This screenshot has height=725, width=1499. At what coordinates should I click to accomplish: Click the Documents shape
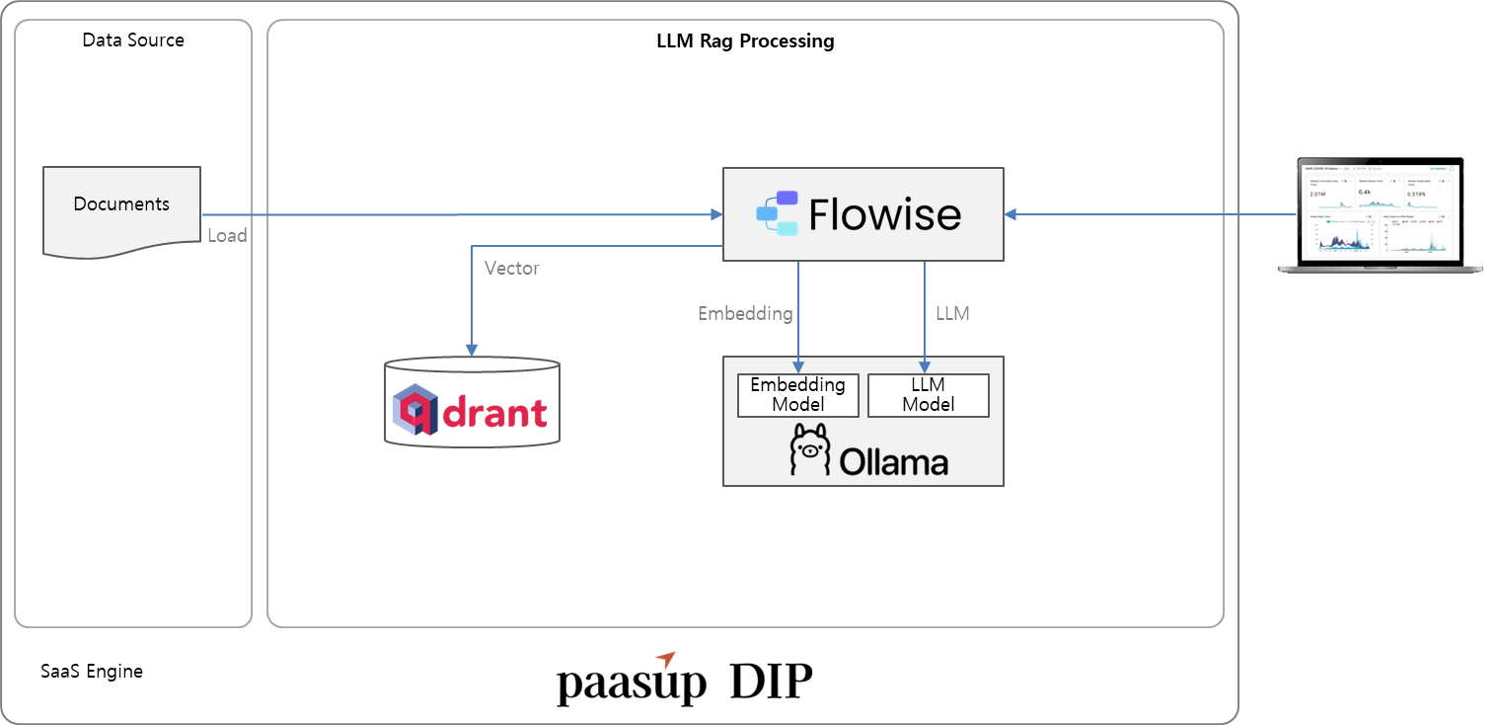121,209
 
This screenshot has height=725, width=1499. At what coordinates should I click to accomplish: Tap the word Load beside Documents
227,236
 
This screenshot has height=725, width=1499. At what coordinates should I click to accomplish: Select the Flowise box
862,214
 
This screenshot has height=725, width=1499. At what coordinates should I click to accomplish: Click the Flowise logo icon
778,213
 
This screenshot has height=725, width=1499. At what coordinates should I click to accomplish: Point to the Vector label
511,268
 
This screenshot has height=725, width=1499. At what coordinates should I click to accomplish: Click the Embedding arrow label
745,313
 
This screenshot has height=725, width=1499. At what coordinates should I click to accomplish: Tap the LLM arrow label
952,313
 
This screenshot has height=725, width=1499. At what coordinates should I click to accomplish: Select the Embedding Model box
798,394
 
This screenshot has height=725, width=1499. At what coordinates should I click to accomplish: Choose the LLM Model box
928,394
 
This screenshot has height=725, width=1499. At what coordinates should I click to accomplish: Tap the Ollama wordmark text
894,462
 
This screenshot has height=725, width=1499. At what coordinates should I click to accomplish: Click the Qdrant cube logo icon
415,410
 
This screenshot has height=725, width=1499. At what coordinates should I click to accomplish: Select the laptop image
1381,214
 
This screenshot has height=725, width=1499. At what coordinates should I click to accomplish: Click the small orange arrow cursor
666,660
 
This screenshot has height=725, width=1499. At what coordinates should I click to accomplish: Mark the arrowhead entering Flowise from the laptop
1012,214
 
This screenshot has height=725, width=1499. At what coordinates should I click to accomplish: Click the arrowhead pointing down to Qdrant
472,350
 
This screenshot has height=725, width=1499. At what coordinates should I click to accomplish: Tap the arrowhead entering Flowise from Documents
715,214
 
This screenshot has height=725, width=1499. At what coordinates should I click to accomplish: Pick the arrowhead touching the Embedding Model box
798,368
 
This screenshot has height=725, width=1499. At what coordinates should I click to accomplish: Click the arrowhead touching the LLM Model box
924,368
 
